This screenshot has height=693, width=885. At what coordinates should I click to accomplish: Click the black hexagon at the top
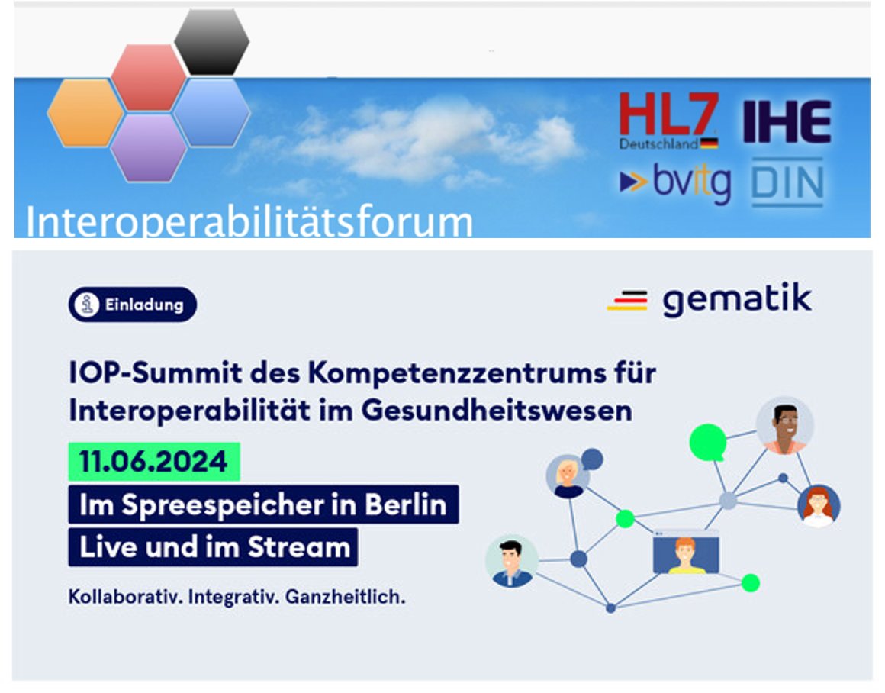(x=211, y=41)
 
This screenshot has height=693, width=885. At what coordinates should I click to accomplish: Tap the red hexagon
(x=149, y=76)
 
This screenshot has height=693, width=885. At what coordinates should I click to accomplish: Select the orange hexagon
(x=85, y=113)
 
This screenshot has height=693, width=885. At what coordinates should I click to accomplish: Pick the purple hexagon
(x=148, y=147)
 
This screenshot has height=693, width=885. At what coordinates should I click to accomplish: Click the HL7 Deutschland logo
(x=668, y=121)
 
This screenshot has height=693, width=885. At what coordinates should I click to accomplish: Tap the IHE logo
(x=787, y=122)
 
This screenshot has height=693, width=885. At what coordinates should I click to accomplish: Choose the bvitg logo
(x=675, y=183)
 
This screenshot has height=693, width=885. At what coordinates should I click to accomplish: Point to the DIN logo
(x=787, y=183)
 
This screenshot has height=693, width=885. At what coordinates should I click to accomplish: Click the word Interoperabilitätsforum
(x=249, y=221)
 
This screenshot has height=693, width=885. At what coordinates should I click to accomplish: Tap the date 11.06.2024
(x=153, y=462)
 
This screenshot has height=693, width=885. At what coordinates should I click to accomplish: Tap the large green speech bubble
(x=707, y=442)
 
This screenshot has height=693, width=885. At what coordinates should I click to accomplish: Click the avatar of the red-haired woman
(x=819, y=505)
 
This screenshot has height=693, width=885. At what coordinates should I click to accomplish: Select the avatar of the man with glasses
(x=784, y=425)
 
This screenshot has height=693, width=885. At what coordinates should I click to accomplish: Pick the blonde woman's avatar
(x=568, y=476)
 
